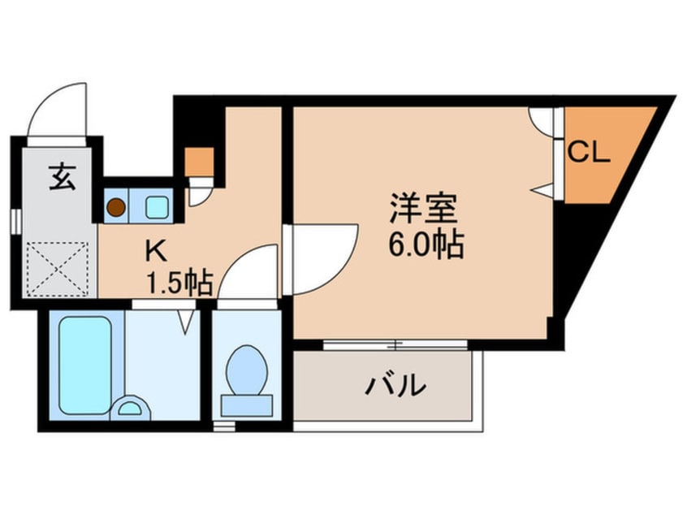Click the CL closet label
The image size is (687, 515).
point(588,153)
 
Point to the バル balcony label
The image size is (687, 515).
point(397,384)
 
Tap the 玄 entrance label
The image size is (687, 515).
point(61,176)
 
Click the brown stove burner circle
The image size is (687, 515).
point(118,207)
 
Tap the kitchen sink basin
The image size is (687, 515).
point(156,206)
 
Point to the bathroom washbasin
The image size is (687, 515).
point(130,406)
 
